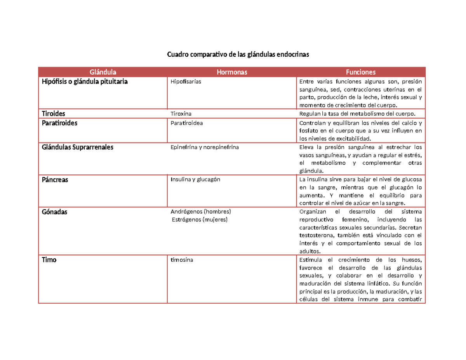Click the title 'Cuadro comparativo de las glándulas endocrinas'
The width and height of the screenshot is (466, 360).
(x=238, y=55)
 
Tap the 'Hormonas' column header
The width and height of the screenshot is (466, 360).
(x=232, y=72)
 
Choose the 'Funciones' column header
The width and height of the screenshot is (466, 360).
(x=361, y=72)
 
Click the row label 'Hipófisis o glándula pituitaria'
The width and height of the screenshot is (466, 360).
(x=85, y=82)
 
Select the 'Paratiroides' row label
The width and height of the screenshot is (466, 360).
(x=59, y=123)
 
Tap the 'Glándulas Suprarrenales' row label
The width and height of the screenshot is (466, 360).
(x=78, y=148)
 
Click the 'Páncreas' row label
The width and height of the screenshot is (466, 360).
(x=55, y=180)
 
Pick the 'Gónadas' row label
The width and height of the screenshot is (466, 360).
(x=54, y=212)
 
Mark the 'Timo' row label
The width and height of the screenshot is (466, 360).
(x=49, y=260)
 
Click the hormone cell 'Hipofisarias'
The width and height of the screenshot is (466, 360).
(x=186, y=82)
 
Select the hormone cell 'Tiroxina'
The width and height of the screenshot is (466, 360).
(x=181, y=113)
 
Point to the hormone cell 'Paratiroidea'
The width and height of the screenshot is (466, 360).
(x=187, y=123)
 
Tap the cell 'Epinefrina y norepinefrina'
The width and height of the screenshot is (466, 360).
(x=205, y=148)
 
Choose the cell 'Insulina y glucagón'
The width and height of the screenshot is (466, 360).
(x=195, y=180)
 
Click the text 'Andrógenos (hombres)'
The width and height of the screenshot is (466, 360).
(x=201, y=212)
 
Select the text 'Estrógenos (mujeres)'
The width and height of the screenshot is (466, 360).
(x=200, y=219)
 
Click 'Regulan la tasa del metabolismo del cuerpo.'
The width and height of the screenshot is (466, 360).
(x=357, y=113)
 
